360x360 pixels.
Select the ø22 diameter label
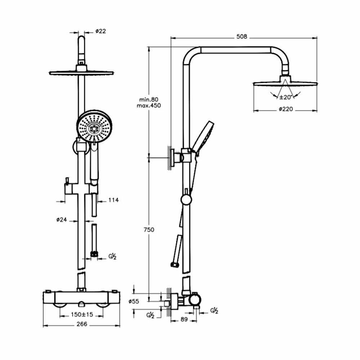[x=101, y=31]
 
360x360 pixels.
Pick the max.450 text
[x=149, y=105]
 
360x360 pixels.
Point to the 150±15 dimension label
[x=82, y=314]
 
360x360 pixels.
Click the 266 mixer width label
[x=82, y=324]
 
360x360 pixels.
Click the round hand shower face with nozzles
[x=94, y=128]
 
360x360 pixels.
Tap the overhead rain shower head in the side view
[x=285, y=82]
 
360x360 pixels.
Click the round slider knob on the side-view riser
[x=186, y=200]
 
